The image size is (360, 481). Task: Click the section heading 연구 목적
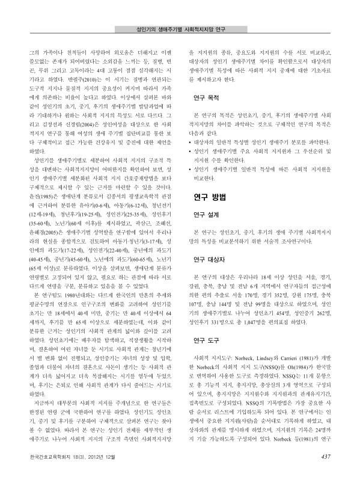tap(206, 96)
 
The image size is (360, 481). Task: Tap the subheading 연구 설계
tap(206, 214)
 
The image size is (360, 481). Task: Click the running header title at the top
tap(180, 28)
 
